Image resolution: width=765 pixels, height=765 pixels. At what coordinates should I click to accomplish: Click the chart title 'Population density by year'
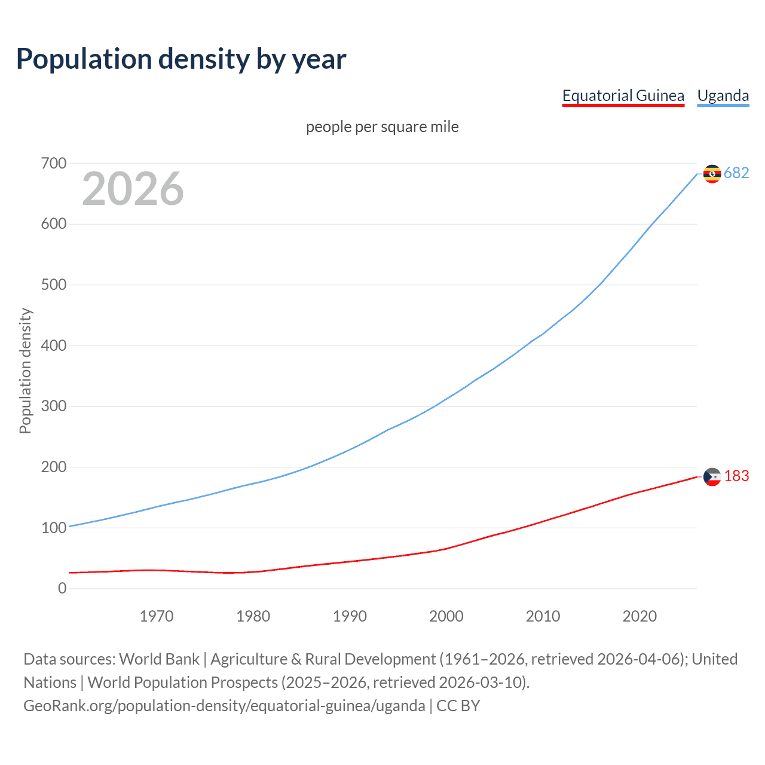pos(181,59)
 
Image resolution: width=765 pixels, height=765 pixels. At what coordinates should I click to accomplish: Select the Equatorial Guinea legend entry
pos(623,96)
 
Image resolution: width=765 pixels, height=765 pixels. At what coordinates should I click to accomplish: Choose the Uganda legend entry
pos(723,96)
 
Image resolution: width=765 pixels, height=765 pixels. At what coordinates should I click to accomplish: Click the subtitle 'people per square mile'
pos(382,127)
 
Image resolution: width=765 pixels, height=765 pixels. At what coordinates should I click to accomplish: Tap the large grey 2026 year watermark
pos(133,189)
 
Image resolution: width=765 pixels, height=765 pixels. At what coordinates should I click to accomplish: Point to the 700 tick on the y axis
pos(54,163)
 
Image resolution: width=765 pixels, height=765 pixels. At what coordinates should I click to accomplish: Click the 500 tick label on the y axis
pos(54,284)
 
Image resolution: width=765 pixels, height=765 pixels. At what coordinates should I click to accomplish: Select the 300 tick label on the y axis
pos(54,406)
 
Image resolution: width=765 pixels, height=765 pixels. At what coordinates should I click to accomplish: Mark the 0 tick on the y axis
pos(62,588)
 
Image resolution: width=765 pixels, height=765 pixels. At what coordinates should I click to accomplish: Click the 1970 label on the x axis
pos(157,616)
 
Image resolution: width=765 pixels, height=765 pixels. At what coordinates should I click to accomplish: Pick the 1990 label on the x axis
pos(350,616)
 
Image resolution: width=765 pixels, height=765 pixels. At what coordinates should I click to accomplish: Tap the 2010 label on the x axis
pos(543,616)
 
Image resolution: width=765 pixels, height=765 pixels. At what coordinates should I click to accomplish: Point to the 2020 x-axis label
pos(639,616)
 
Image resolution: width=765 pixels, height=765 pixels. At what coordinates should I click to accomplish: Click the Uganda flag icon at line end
pos(712,173)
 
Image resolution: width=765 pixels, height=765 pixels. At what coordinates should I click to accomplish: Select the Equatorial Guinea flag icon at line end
pos(712,476)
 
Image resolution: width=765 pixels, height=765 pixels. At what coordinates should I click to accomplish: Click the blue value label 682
pos(736,173)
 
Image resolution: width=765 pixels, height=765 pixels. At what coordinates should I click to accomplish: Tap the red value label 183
pos(736,476)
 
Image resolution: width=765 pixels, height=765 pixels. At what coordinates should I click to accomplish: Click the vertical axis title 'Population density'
pos(25,371)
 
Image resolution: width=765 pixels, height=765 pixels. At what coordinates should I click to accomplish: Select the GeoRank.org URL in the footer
pos(224,706)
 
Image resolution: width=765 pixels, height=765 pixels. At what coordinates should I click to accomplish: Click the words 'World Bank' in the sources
pos(159,659)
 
